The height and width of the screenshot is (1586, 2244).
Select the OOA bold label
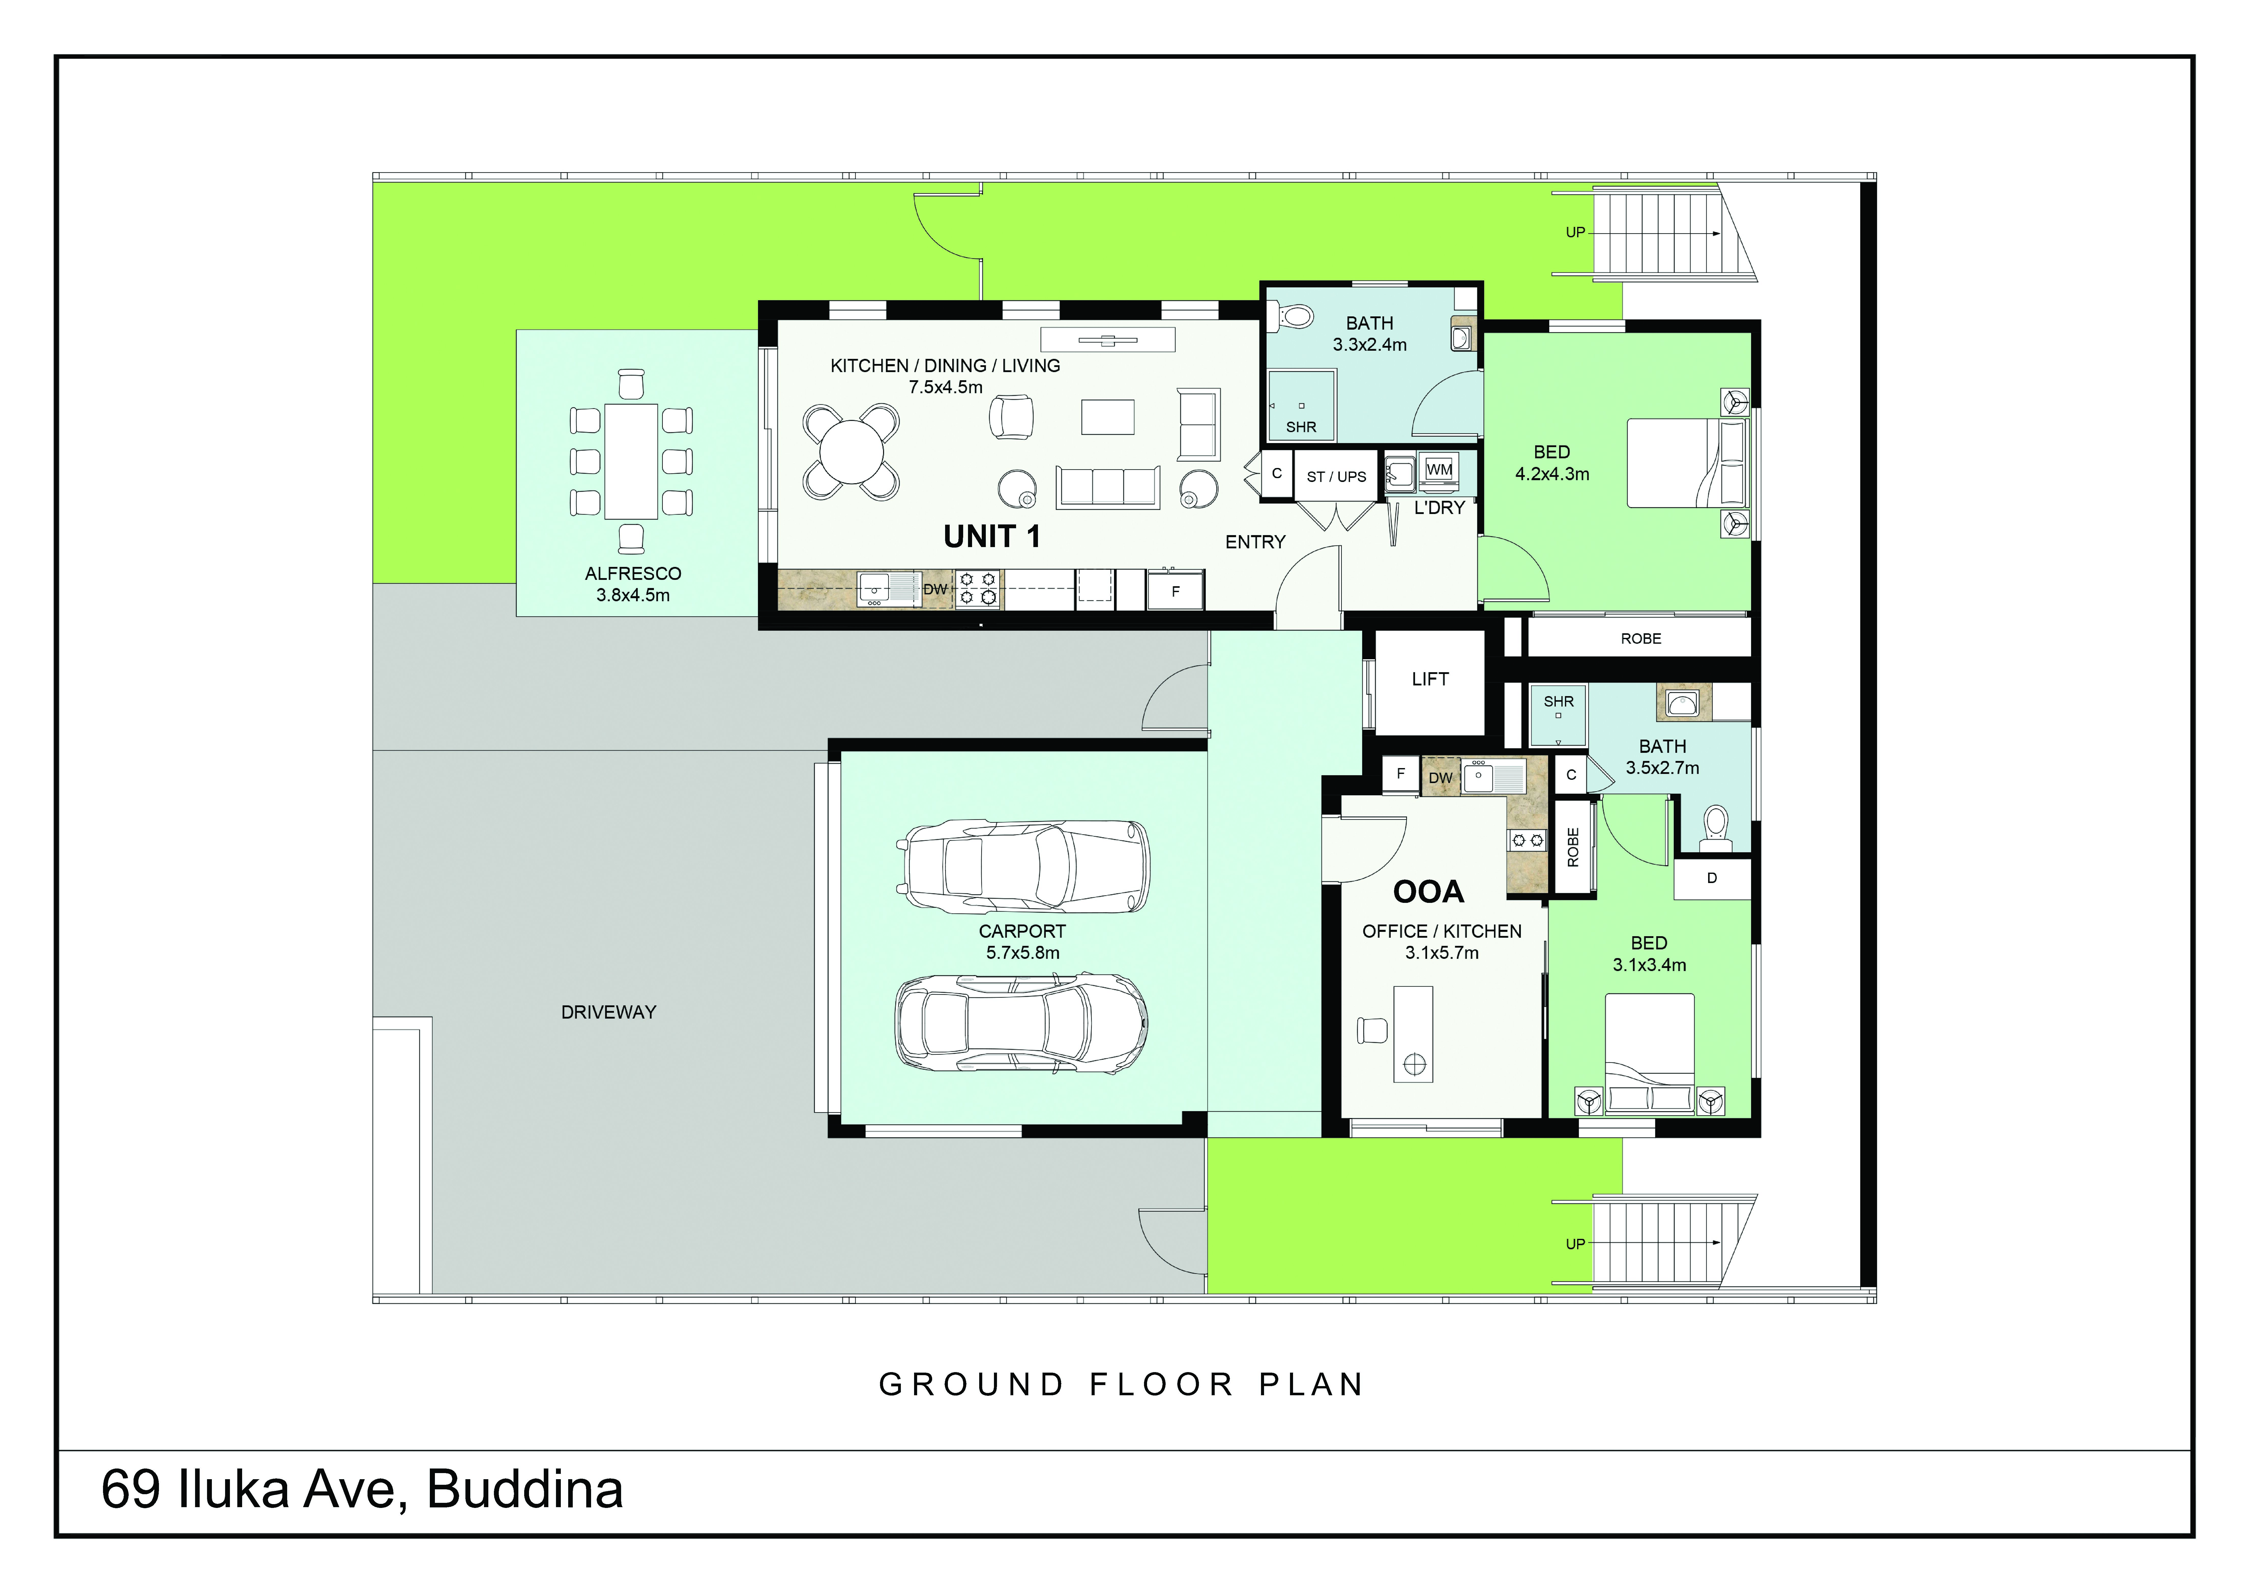click(1428, 891)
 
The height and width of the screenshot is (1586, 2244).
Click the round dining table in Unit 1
click(851, 452)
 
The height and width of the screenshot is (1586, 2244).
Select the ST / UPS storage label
click(1336, 477)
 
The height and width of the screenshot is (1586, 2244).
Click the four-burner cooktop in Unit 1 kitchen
click(977, 588)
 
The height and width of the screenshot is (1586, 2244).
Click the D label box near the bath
click(1711, 878)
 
